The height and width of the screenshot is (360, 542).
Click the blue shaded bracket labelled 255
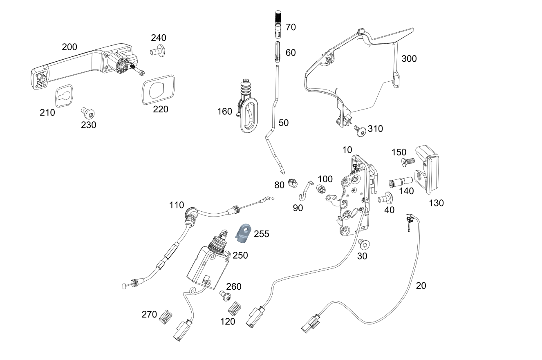(x=244, y=233)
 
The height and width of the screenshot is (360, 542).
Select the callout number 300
(x=409, y=59)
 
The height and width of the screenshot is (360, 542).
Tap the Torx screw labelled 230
(x=87, y=113)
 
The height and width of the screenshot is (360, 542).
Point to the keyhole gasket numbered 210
(x=64, y=96)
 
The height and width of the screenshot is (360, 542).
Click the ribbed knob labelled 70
(x=278, y=24)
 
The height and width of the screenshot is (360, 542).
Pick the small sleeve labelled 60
(x=278, y=52)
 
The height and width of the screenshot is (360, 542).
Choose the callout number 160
(x=224, y=112)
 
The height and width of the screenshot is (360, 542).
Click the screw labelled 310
(x=360, y=131)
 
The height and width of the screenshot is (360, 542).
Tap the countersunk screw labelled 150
(x=408, y=162)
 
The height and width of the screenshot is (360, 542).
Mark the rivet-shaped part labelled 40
(x=385, y=198)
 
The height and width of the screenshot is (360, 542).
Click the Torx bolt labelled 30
(x=364, y=244)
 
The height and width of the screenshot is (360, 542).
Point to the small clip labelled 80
(x=293, y=183)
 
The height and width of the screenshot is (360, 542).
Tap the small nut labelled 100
(x=321, y=189)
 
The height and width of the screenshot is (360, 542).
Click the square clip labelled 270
(x=166, y=317)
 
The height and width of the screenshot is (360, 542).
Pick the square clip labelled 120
(x=235, y=309)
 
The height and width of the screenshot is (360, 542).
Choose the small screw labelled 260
(x=225, y=296)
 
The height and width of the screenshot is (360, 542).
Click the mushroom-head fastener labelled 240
(x=158, y=51)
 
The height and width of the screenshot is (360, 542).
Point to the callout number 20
(x=421, y=286)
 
